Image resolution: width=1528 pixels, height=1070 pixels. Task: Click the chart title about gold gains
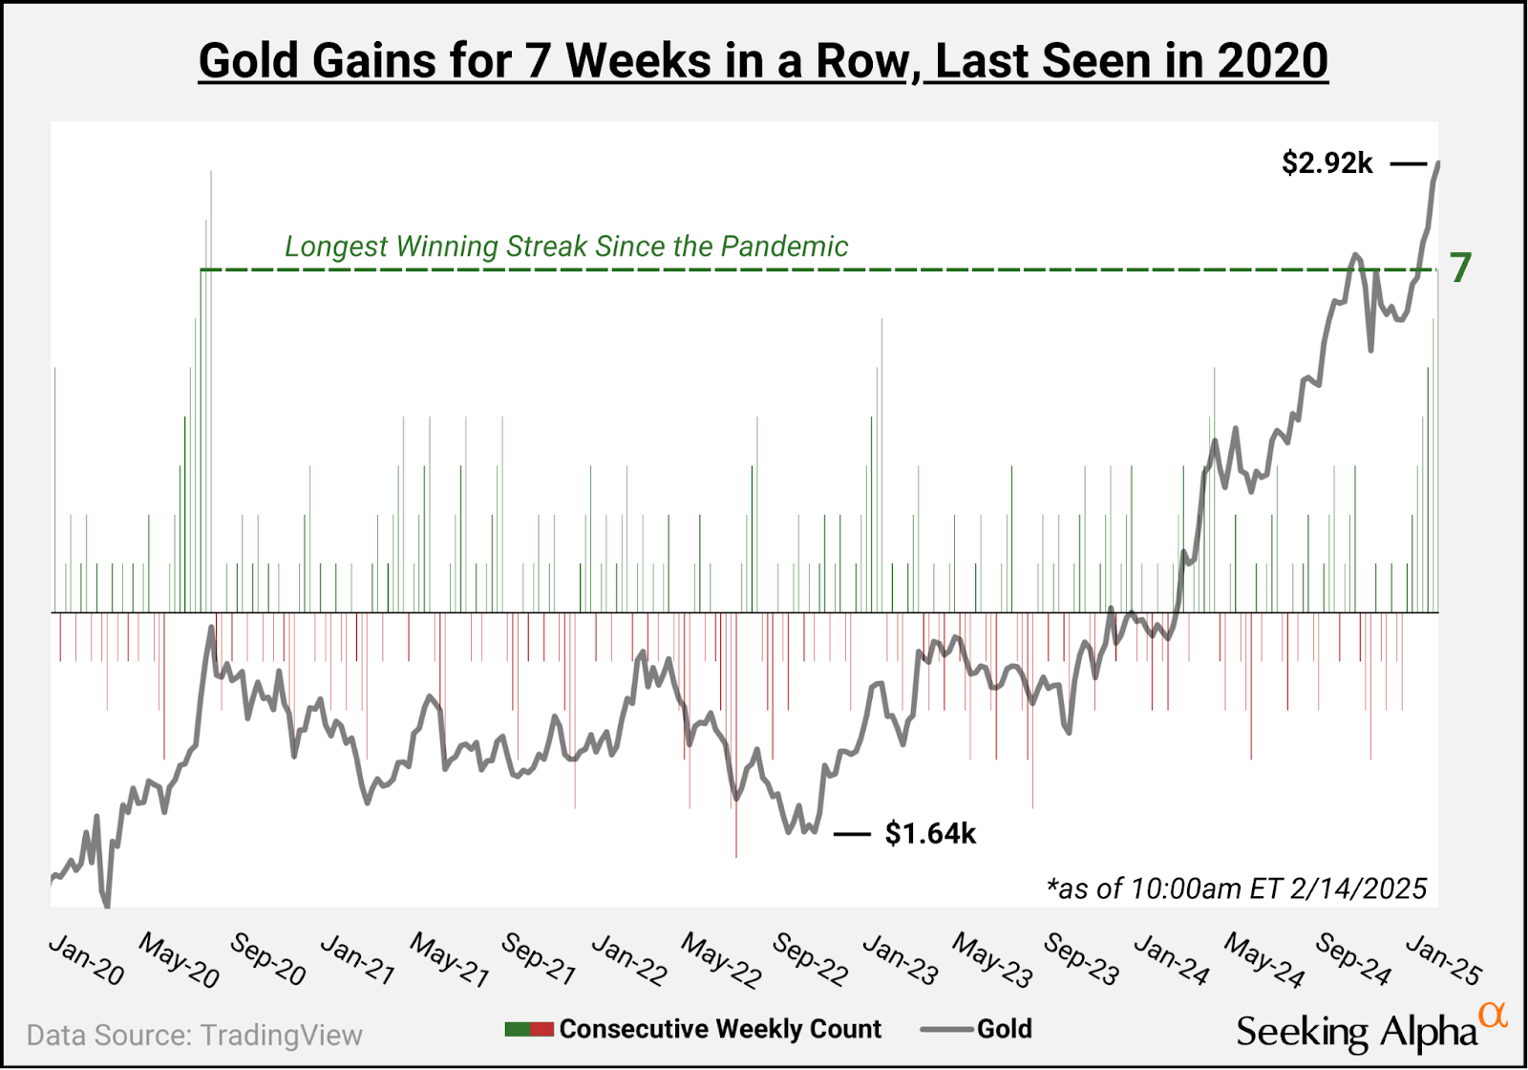[763, 61]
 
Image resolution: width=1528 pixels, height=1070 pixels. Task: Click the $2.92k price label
[1326, 163]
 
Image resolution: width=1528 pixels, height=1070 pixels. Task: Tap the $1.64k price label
[930, 834]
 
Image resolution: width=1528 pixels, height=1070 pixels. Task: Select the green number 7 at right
[1460, 268]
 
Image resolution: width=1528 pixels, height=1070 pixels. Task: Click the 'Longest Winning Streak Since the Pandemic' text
[566, 246]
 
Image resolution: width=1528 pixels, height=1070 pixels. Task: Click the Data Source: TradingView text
[195, 1036]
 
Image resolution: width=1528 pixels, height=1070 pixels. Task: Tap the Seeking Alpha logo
[1356, 1032]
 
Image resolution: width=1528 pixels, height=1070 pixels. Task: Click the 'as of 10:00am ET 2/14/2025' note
[1237, 888]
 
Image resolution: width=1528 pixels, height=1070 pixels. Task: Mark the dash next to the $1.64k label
[852, 834]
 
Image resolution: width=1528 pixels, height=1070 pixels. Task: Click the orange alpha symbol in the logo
[1493, 1016]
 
